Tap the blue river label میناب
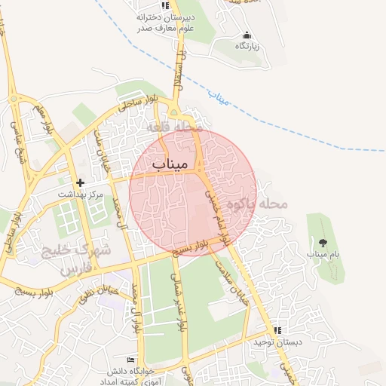[x=216, y=97]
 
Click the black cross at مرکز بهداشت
[x=80, y=182]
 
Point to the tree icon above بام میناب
[x=323, y=242]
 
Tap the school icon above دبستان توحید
[x=277, y=330]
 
